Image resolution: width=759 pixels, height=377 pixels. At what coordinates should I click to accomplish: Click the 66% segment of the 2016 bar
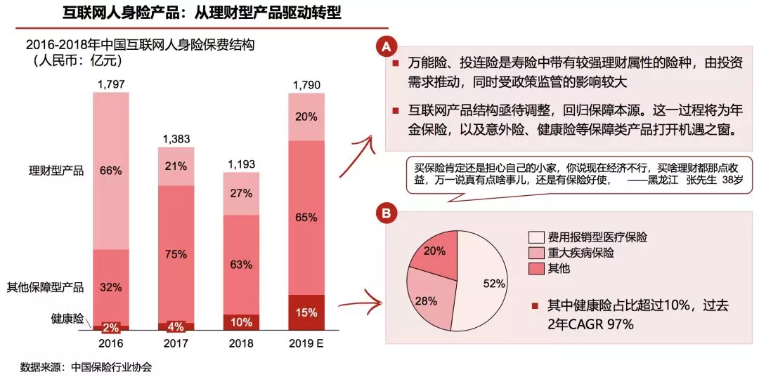(x=111, y=171)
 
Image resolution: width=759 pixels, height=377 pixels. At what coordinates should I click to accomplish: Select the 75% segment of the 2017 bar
(x=176, y=253)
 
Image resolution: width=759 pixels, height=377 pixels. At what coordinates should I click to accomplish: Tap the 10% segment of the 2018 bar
(x=241, y=322)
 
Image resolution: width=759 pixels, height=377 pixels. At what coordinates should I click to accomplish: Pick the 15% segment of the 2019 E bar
(x=306, y=312)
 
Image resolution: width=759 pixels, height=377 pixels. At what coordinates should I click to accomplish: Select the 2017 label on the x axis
(x=176, y=345)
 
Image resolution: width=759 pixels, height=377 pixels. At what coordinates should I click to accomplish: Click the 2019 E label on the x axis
(x=306, y=345)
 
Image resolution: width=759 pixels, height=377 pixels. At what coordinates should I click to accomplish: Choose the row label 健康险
(x=67, y=317)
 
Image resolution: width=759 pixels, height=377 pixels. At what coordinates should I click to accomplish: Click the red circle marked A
(x=385, y=47)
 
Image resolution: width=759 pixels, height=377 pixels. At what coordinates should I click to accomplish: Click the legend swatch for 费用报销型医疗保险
(x=536, y=237)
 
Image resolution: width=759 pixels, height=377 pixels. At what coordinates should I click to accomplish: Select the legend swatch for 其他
(x=536, y=268)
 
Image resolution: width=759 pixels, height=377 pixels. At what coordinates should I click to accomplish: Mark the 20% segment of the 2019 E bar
(x=306, y=117)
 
